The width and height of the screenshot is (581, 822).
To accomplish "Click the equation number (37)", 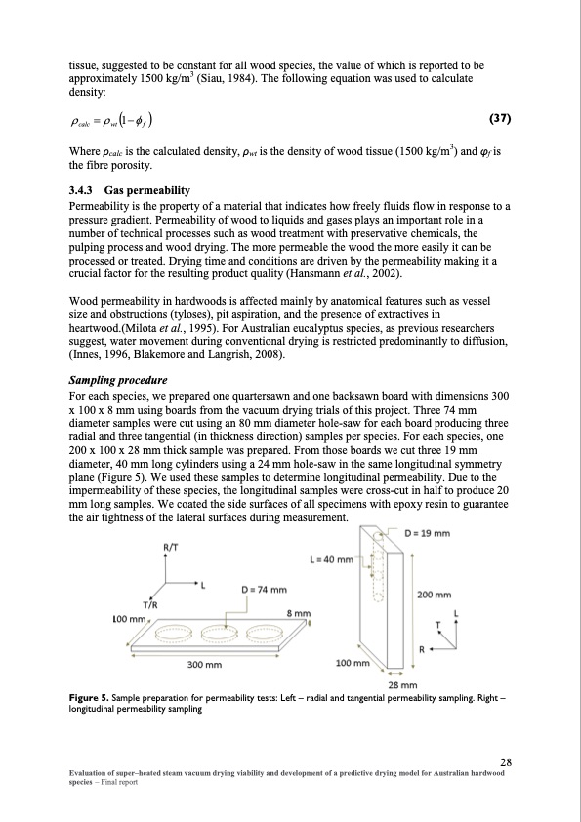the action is coord(500,118).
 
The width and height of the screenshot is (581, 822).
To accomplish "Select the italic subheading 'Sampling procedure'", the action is coord(118,380).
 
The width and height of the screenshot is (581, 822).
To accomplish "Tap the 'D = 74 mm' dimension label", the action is coord(265,590).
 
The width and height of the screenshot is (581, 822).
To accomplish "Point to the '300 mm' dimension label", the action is coord(204,665).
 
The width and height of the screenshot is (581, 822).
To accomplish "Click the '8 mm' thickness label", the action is coord(299,613).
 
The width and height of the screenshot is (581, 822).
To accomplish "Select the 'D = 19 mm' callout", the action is coord(428,533).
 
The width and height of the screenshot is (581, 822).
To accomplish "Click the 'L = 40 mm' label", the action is coord(332,559).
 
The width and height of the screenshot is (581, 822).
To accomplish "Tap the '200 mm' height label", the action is coord(435,595).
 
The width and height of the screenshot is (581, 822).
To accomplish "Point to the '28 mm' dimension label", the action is coord(402,684).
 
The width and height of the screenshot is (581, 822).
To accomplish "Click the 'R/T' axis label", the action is coord(171,547).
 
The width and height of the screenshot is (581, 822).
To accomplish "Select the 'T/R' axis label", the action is coord(150,604).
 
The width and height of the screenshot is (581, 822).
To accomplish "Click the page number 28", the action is coord(506,761).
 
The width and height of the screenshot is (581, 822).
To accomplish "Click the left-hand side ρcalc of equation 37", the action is coord(80,122).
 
